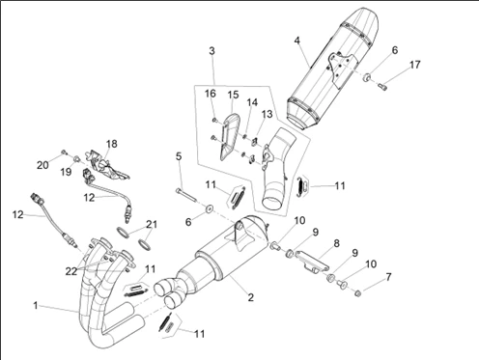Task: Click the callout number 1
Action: (36, 305)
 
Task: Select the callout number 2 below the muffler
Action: (250, 297)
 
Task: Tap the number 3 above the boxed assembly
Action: (211, 51)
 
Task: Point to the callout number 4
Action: (296, 41)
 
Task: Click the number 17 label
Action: (415, 65)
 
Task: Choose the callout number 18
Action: (111, 144)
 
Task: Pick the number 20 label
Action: (42, 165)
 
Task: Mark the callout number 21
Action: (152, 224)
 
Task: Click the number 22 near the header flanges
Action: (71, 271)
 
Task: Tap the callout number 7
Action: (388, 277)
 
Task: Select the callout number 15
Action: (233, 95)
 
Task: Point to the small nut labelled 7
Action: (357, 293)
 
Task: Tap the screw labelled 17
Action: (382, 86)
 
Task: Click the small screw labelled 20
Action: (63, 152)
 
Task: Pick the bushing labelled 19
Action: (77, 158)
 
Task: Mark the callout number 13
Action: (267, 114)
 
